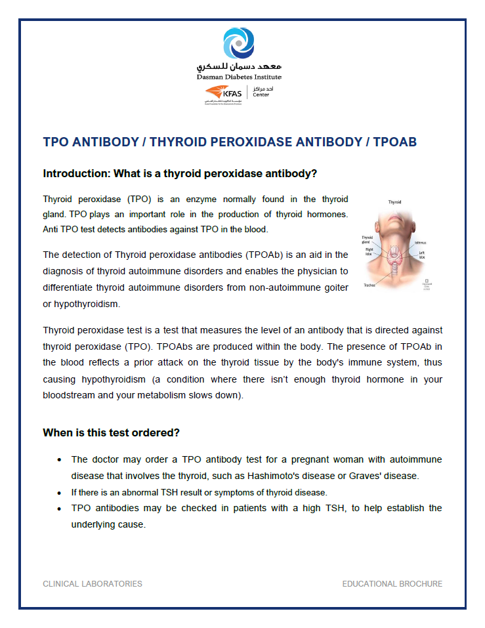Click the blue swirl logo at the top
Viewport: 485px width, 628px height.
239,43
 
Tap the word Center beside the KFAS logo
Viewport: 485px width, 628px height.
262,95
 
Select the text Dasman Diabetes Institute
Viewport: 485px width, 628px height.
239,77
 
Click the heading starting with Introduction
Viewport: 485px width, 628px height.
180,174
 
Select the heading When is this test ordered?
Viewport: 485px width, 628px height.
111,433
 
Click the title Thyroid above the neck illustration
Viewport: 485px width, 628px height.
395,203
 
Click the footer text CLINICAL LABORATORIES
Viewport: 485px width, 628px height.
93,584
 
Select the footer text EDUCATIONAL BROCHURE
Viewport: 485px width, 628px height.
392,584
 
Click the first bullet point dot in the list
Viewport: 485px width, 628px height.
59,460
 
